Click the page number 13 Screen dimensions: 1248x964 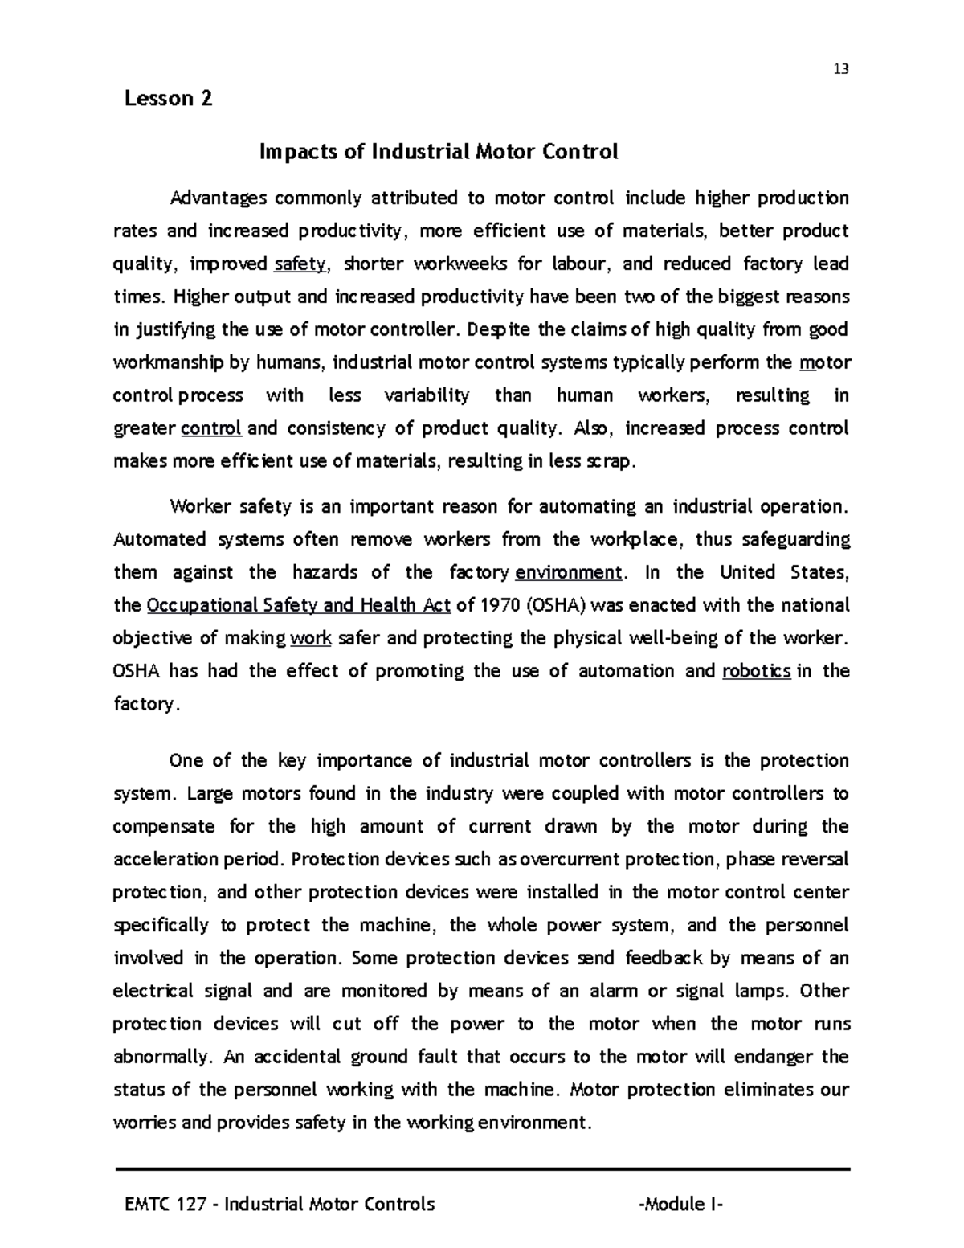841,68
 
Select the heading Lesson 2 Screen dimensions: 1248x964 169,99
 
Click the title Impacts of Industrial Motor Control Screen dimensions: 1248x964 438,151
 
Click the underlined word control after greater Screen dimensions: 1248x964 212,429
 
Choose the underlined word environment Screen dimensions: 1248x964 568,573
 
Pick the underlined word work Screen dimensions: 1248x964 311,639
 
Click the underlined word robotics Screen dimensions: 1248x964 757,672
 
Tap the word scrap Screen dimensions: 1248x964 609,462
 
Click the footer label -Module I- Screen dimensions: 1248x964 681,1204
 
